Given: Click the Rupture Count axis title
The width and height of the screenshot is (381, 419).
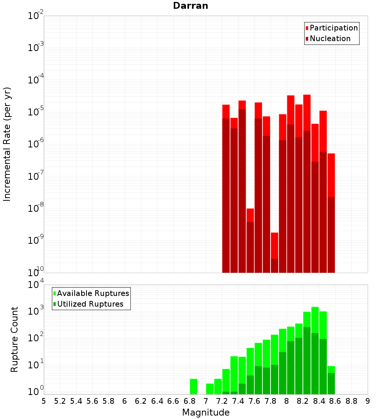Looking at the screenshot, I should tap(14, 339).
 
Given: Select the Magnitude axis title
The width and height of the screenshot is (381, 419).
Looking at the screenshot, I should tap(206, 413).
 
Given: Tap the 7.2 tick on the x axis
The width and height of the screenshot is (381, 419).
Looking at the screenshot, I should tap(222, 401).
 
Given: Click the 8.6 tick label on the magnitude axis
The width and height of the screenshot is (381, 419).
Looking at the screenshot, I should tap(335, 401).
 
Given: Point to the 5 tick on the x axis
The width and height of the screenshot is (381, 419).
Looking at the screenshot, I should tap(44, 401).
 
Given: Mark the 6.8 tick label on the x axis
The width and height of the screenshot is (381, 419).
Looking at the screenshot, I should tap(189, 401).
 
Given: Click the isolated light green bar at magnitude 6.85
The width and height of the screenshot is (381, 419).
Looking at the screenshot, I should tap(194, 386).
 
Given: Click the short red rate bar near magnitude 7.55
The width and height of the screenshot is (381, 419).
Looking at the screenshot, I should tap(250, 215).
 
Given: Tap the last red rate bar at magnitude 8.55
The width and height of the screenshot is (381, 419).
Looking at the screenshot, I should tap(331, 175).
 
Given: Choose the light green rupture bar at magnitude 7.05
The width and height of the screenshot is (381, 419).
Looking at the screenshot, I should tap(210, 389).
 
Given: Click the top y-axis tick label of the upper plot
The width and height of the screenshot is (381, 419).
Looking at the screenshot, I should tap(36, 16).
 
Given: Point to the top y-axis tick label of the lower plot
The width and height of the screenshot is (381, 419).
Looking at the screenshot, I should tap(36, 285).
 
